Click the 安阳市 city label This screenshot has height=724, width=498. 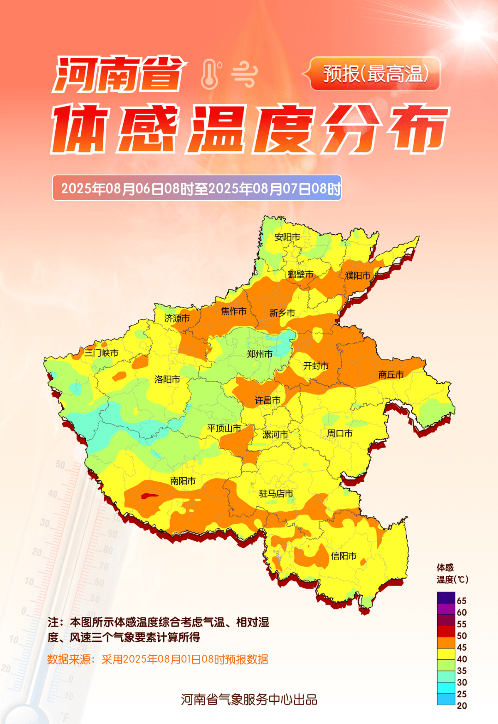287,237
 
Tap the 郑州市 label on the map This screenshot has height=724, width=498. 260,354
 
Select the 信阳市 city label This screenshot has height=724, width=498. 344,556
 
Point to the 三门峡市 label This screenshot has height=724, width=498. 101,353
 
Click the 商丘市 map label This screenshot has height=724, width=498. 391,375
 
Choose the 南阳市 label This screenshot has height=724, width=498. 183,481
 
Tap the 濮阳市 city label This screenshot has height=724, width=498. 358,275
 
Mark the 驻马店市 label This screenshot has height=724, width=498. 276,494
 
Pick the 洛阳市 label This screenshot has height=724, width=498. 167,379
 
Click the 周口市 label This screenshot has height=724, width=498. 340,433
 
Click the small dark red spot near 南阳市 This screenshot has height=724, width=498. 149,497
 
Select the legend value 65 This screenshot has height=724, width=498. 462,601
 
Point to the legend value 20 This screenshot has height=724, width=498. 462,706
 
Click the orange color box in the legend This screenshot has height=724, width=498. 446,643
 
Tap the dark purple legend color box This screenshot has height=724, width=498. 446,598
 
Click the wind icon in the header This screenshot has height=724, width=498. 244,74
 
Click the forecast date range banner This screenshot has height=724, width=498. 197,188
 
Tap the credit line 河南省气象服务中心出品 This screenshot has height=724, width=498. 249,700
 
